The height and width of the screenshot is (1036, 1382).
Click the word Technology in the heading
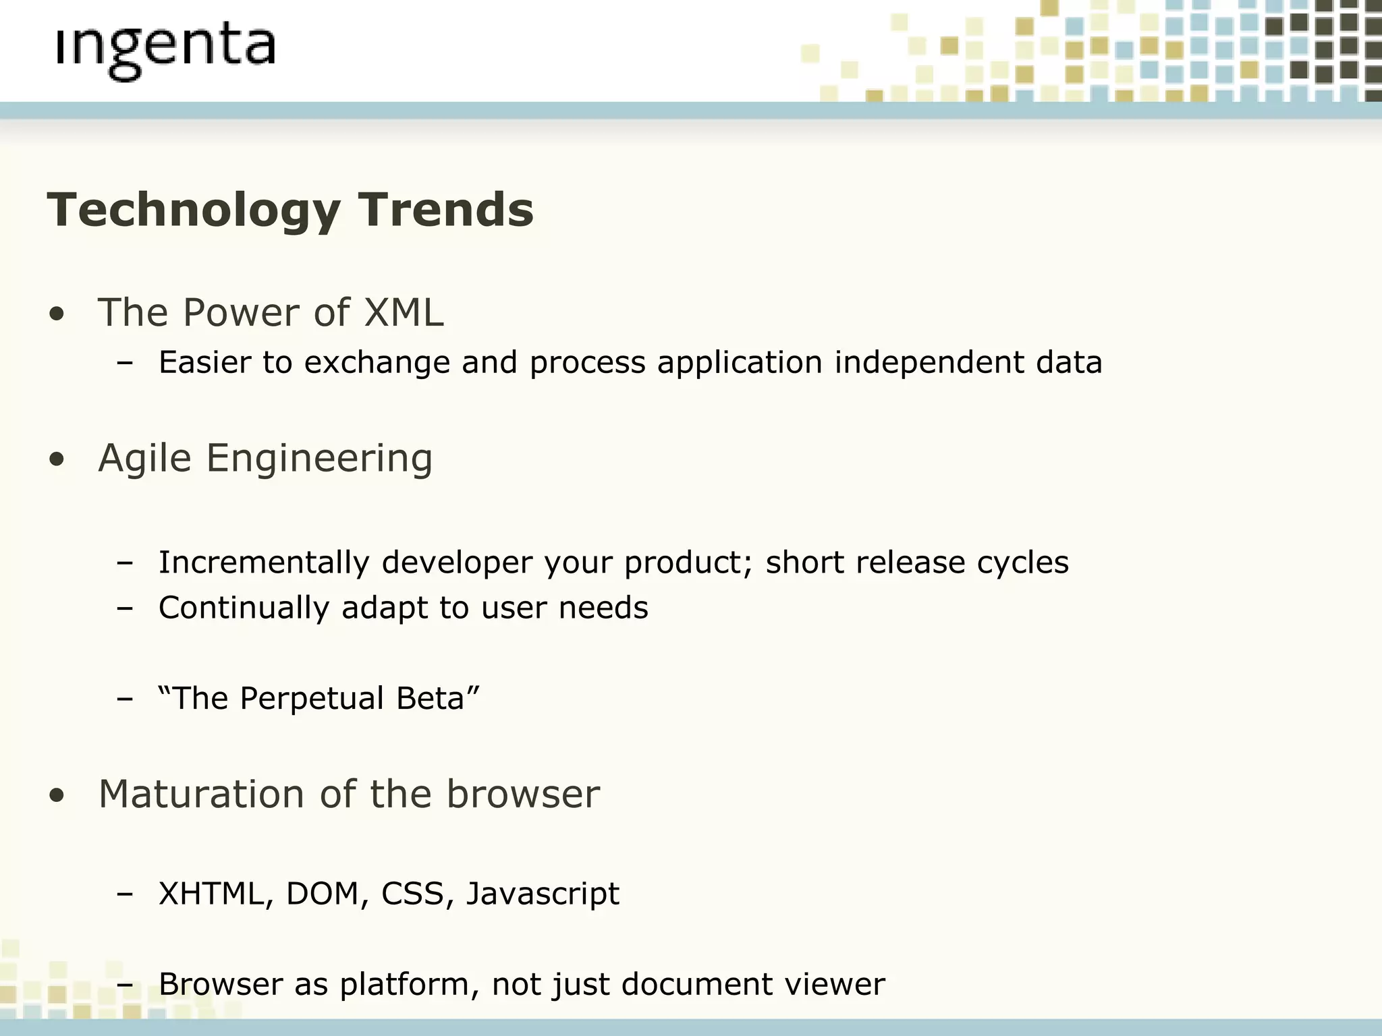pos(193,210)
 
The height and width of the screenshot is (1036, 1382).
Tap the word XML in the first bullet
pos(404,313)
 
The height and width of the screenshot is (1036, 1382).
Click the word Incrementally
pos(264,563)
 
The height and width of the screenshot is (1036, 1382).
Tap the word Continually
pos(244,608)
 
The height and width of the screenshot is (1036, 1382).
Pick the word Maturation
pos(201,794)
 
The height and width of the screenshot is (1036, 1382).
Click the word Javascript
pos(543,894)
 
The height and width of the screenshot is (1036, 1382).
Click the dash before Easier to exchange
pos(124,363)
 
